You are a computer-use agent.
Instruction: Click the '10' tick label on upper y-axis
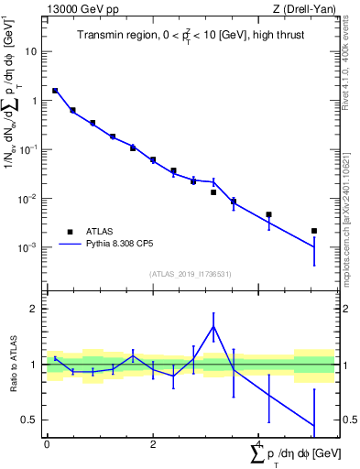click(31, 51)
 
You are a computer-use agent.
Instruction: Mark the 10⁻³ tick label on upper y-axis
click(29, 248)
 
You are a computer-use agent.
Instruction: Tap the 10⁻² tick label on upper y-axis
click(29, 199)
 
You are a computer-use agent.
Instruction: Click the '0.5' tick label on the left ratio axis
click(29, 420)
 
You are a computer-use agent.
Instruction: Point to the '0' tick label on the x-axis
click(47, 444)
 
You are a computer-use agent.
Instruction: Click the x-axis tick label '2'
click(153, 444)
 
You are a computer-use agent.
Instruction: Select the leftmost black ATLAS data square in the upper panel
click(55, 91)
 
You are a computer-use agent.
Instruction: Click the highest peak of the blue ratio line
click(213, 326)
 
